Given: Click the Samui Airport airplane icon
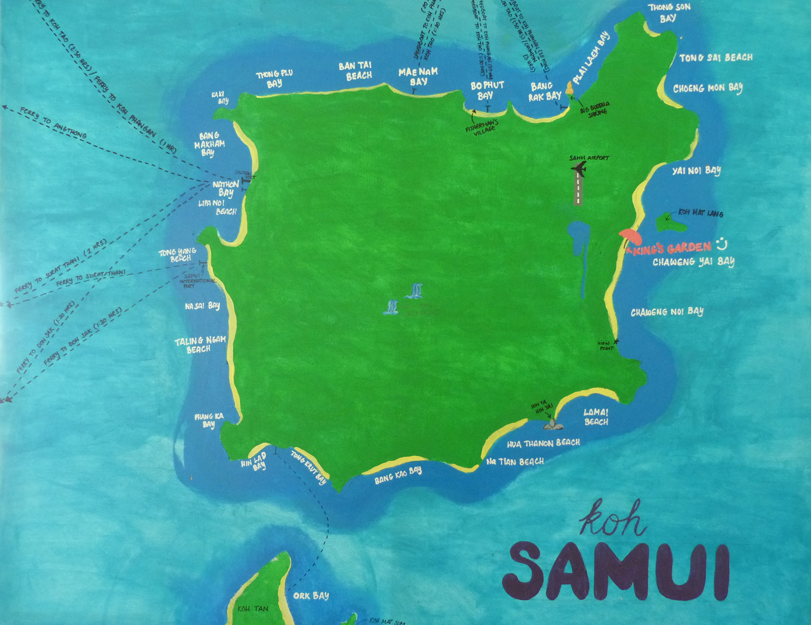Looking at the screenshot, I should click(579, 169).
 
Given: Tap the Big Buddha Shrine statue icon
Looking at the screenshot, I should click(570, 88).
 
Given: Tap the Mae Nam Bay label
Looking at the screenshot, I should click(418, 77).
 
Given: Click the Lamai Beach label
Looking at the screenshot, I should click(596, 417).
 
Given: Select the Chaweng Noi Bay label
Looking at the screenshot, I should click(667, 312).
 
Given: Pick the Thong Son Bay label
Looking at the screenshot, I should click(668, 13).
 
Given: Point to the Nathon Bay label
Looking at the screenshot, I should click(226, 189).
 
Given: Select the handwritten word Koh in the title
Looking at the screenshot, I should click(611, 518).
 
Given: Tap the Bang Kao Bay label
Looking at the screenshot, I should click(398, 475).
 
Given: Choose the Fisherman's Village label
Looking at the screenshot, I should click(481, 127).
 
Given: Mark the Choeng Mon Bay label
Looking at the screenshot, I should click(708, 88).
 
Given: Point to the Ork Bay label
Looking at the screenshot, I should click(311, 596).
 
